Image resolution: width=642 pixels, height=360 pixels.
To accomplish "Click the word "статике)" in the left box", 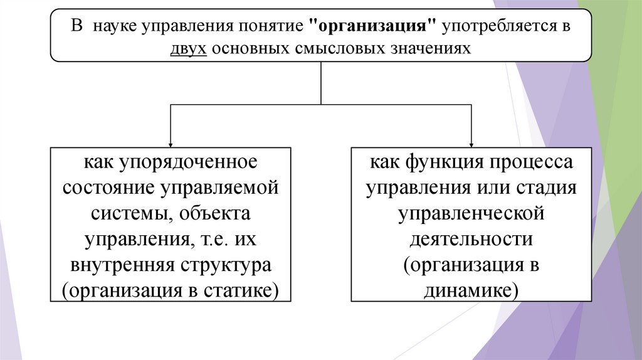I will pyautogui.click(x=243, y=291).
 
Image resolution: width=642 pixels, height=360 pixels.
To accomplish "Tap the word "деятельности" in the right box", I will pyautogui.click(x=471, y=240).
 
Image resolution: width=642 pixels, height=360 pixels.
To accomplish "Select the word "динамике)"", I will pyautogui.click(x=471, y=291).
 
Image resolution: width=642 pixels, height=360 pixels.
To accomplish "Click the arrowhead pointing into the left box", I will pyautogui.click(x=171, y=143).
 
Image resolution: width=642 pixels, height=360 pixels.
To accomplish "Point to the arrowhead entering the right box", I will pyautogui.click(x=471, y=143).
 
